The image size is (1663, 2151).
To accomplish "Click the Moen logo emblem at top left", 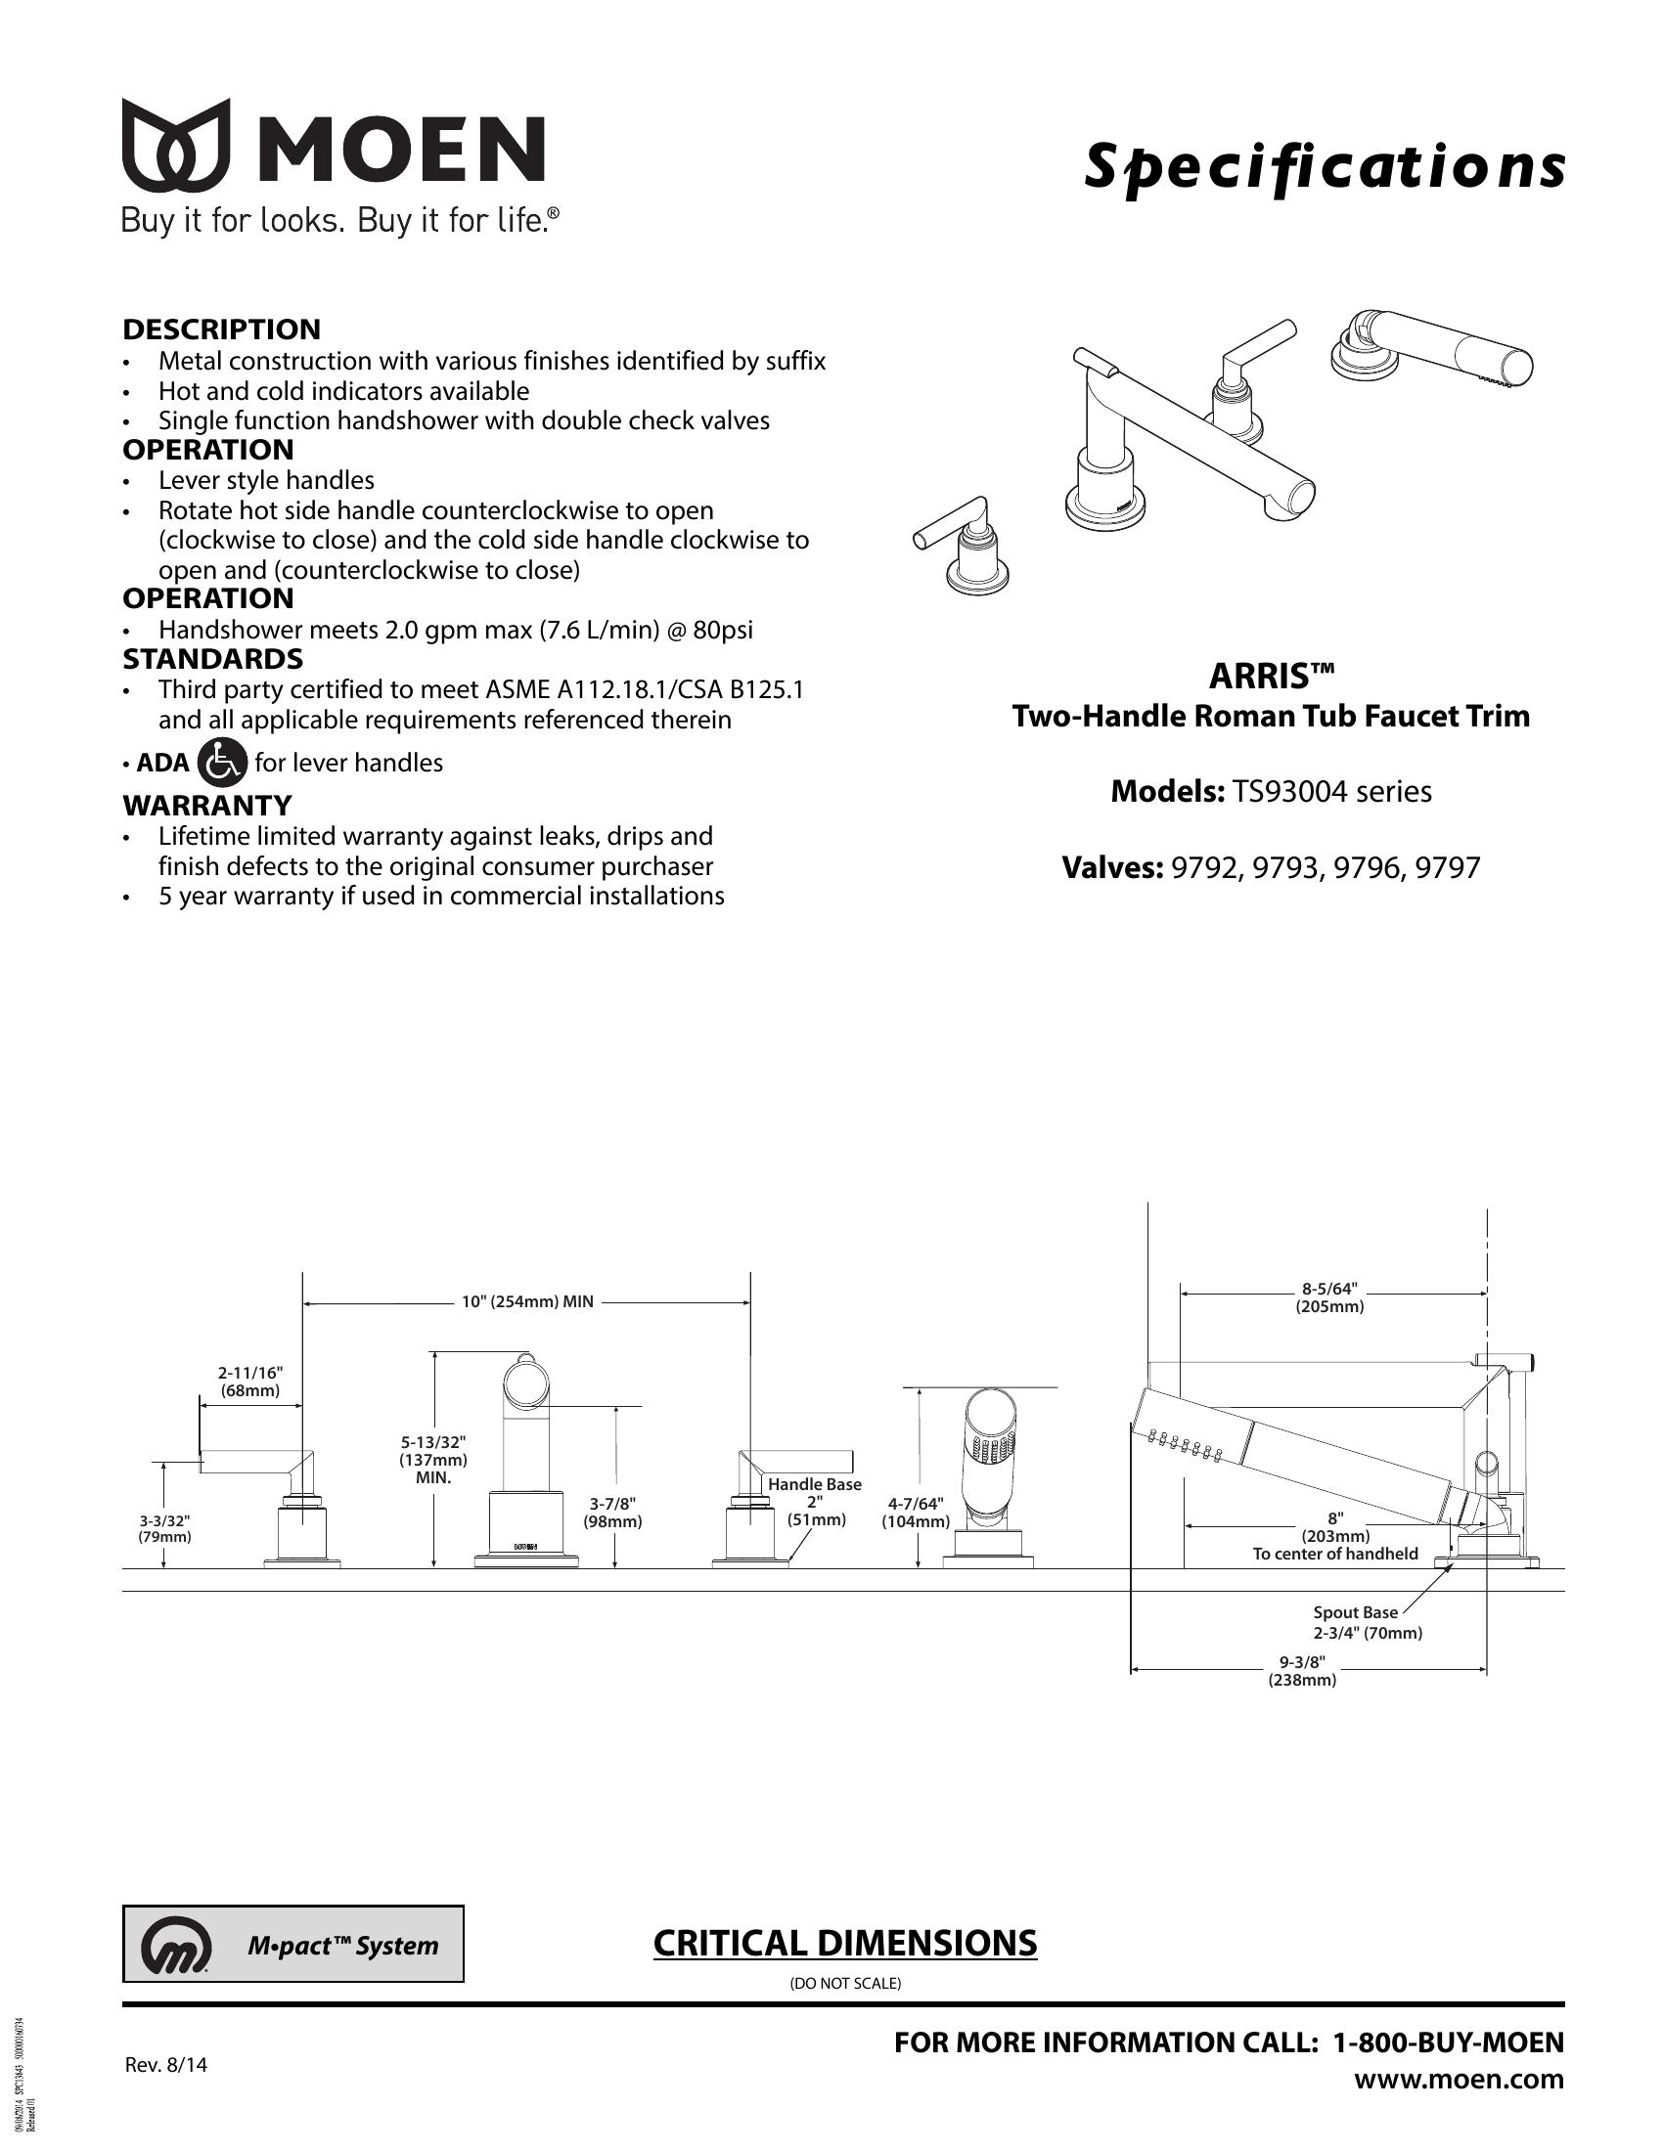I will [175, 145].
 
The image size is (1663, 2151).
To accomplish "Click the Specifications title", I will [1325, 166].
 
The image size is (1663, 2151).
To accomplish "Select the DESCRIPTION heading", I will [222, 329].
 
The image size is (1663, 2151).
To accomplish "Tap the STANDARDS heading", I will [213, 658].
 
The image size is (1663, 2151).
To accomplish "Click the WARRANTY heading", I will [207, 805].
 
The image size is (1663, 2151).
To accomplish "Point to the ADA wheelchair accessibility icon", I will [222, 763].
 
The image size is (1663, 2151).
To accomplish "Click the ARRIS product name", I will [1271, 677].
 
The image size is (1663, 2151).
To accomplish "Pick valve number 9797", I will [1446, 867].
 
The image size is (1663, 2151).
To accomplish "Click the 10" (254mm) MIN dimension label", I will [528, 1301].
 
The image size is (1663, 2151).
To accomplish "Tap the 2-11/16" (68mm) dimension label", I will [250, 1382].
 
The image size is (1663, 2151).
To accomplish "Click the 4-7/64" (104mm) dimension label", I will [917, 1513].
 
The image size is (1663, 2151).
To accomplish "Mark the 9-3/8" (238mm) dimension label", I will [1301, 1671].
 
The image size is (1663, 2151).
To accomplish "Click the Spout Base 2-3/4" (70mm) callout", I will [1368, 1622].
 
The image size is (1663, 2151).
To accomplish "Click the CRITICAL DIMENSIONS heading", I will [845, 1943].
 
